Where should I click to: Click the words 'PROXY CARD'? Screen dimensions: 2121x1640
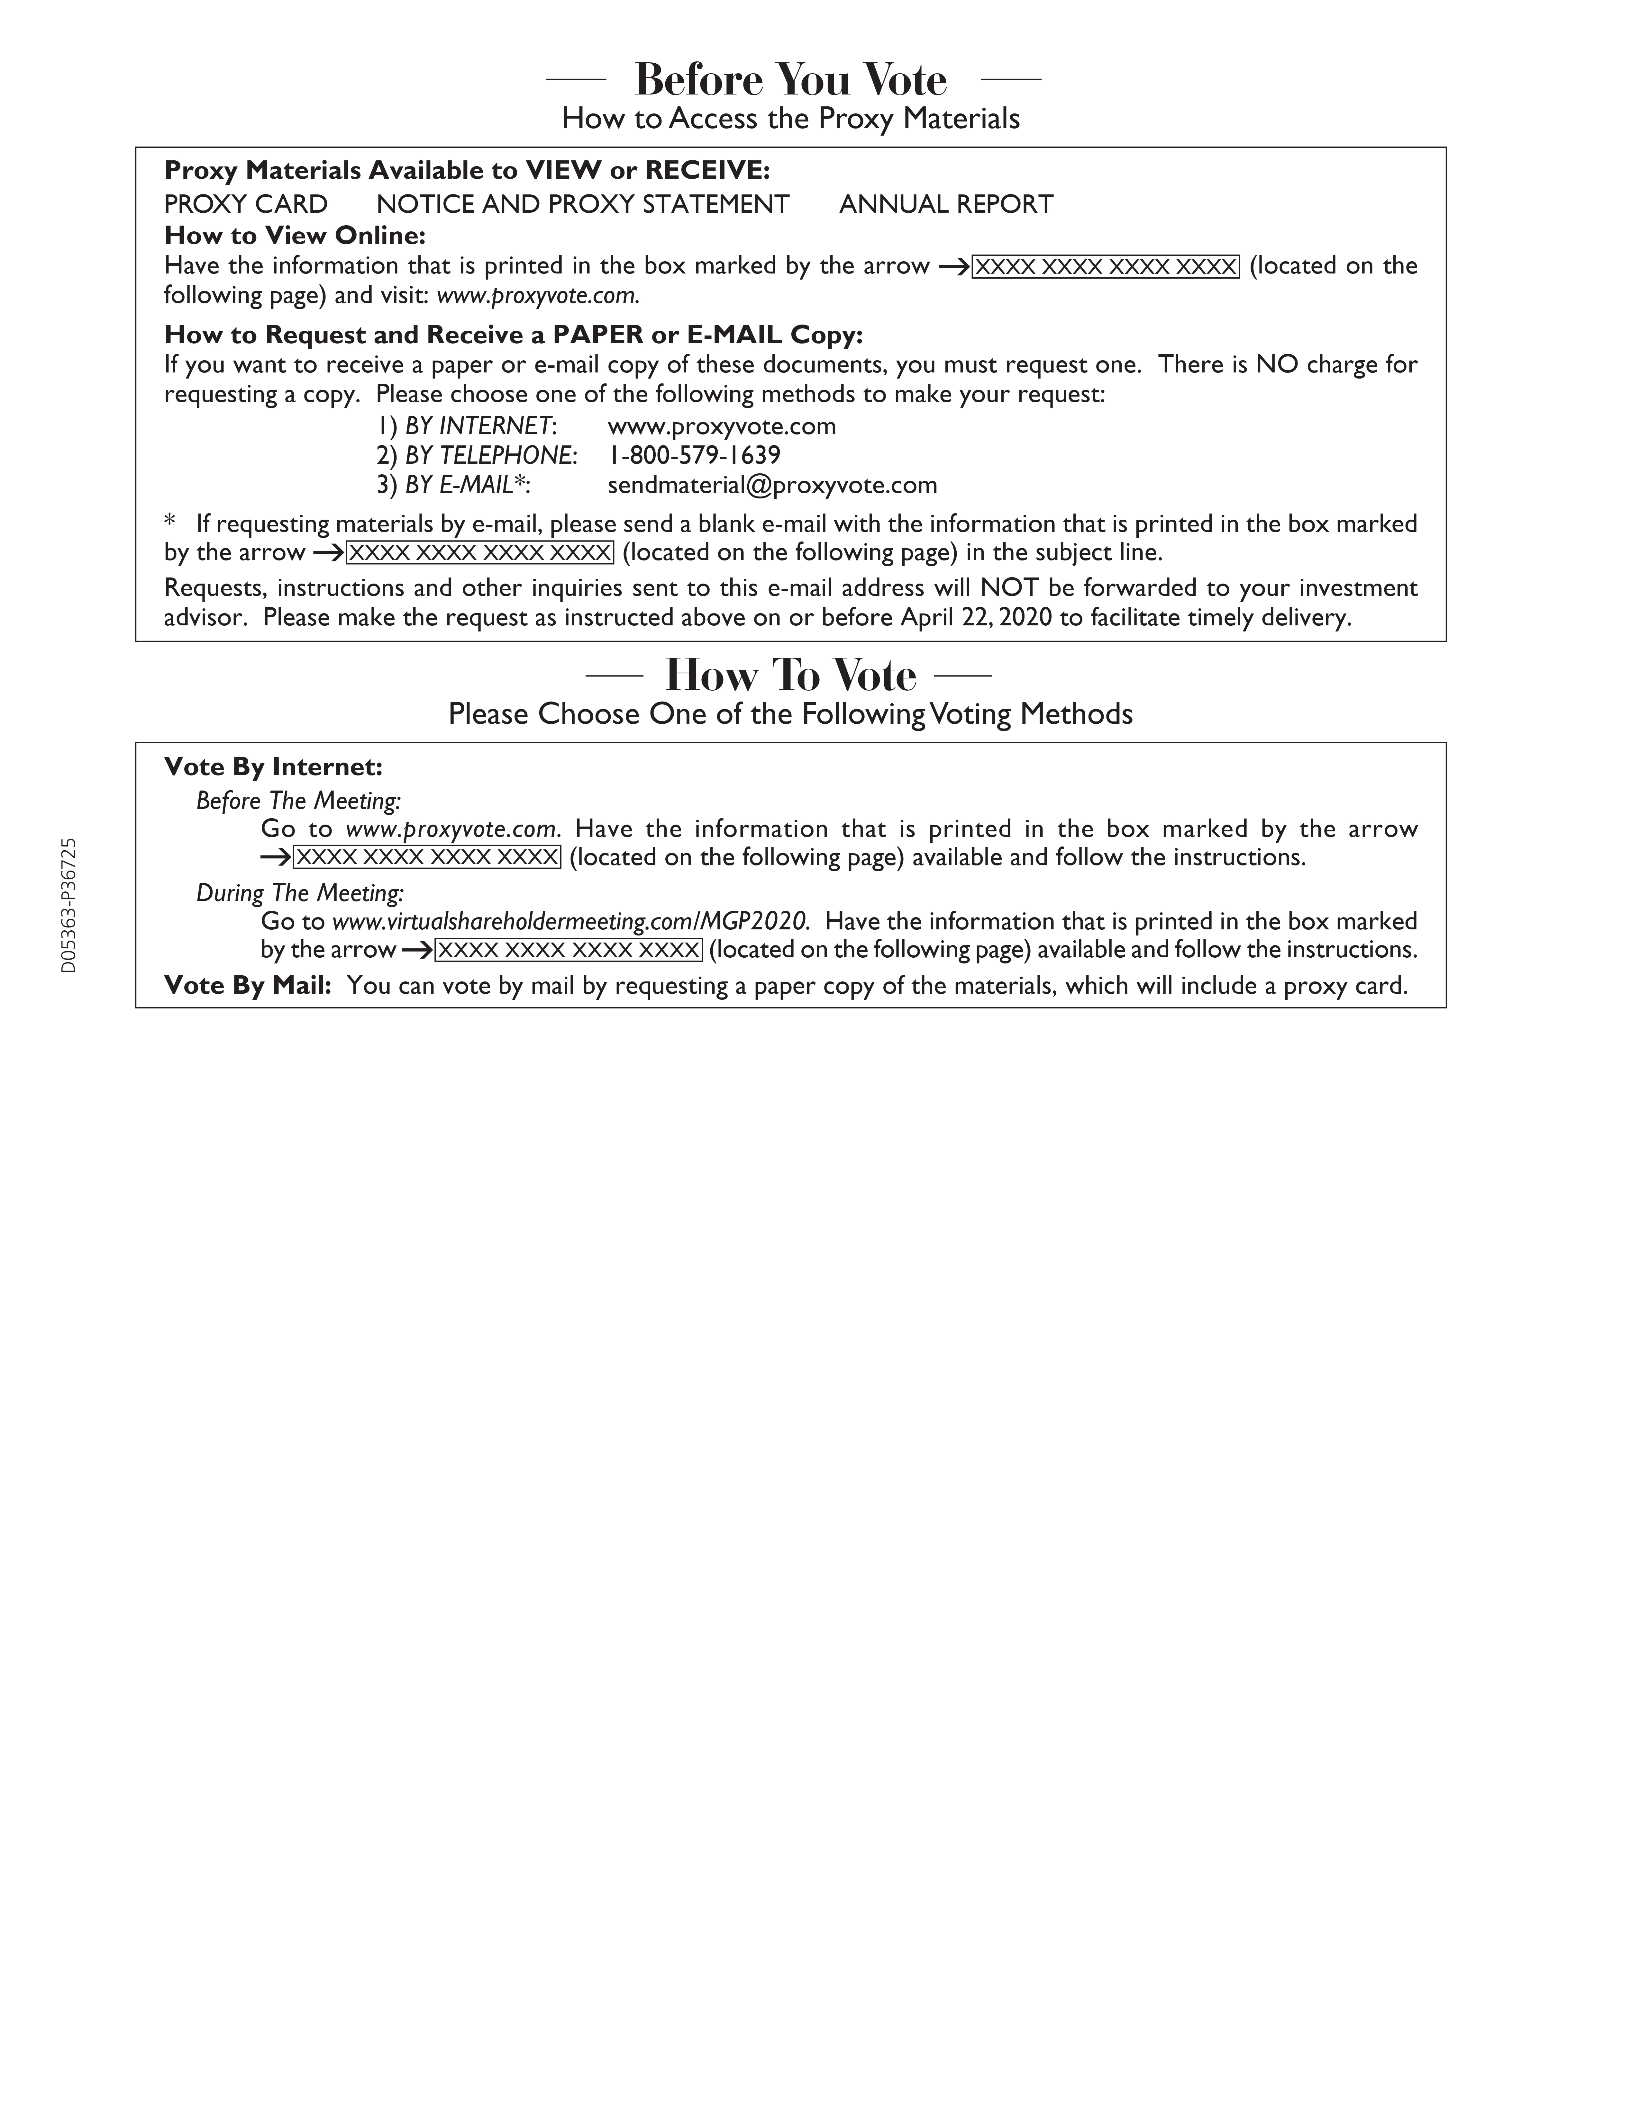(x=246, y=204)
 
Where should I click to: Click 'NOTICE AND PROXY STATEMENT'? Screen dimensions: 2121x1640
(x=583, y=204)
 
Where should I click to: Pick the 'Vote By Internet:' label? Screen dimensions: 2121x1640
(x=273, y=767)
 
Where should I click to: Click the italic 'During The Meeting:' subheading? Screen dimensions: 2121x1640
(x=299, y=892)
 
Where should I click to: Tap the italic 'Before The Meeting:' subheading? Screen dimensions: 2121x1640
(x=298, y=801)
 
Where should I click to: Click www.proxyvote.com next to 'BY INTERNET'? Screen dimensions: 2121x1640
(x=722, y=426)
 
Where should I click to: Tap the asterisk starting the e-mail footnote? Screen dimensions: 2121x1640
(x=170, y=522)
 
